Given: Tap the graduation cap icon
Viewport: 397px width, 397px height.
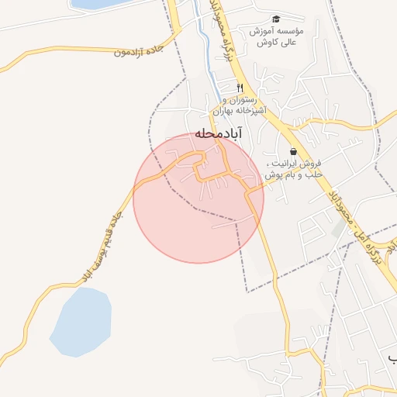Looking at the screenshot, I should pyautogui.click(x=274, y=19).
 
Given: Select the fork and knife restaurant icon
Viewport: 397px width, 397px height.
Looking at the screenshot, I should pyautogui.click(x=240, y=87).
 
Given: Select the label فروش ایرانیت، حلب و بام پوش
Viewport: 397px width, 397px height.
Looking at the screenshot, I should pyautogui.click(x=293, y=170).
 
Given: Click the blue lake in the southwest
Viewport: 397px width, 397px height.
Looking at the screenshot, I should pyautogui.click(x=81, y=322).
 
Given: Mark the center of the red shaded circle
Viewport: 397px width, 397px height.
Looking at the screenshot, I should pyautogui.click(x=198, y=198).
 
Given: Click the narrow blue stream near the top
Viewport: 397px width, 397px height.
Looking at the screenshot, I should pyautogui.click(x=203, y=47).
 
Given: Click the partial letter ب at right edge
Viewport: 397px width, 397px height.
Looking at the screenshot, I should pyautogui.click(x=392, y=357).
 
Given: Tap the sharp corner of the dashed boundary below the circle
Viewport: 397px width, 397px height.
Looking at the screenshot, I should pyautogui.click(x=247, y=291).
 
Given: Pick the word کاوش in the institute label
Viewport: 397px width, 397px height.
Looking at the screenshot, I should pyautogui.click(x=264, y=43).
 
